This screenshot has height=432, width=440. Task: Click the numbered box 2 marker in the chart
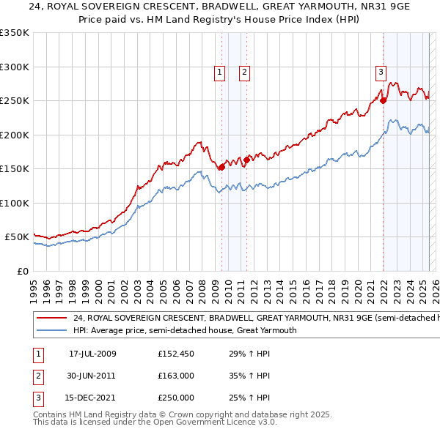click(244, 72)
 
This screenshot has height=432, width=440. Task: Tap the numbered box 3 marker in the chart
click(381, 72)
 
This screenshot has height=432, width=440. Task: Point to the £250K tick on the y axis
click(15, 101)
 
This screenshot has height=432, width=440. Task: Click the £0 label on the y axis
click(22, 271)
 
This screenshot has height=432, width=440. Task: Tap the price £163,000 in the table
click(176, 376)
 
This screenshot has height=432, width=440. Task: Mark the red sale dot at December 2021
click(383, 101)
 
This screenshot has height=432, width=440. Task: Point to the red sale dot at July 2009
click(221, 167)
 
